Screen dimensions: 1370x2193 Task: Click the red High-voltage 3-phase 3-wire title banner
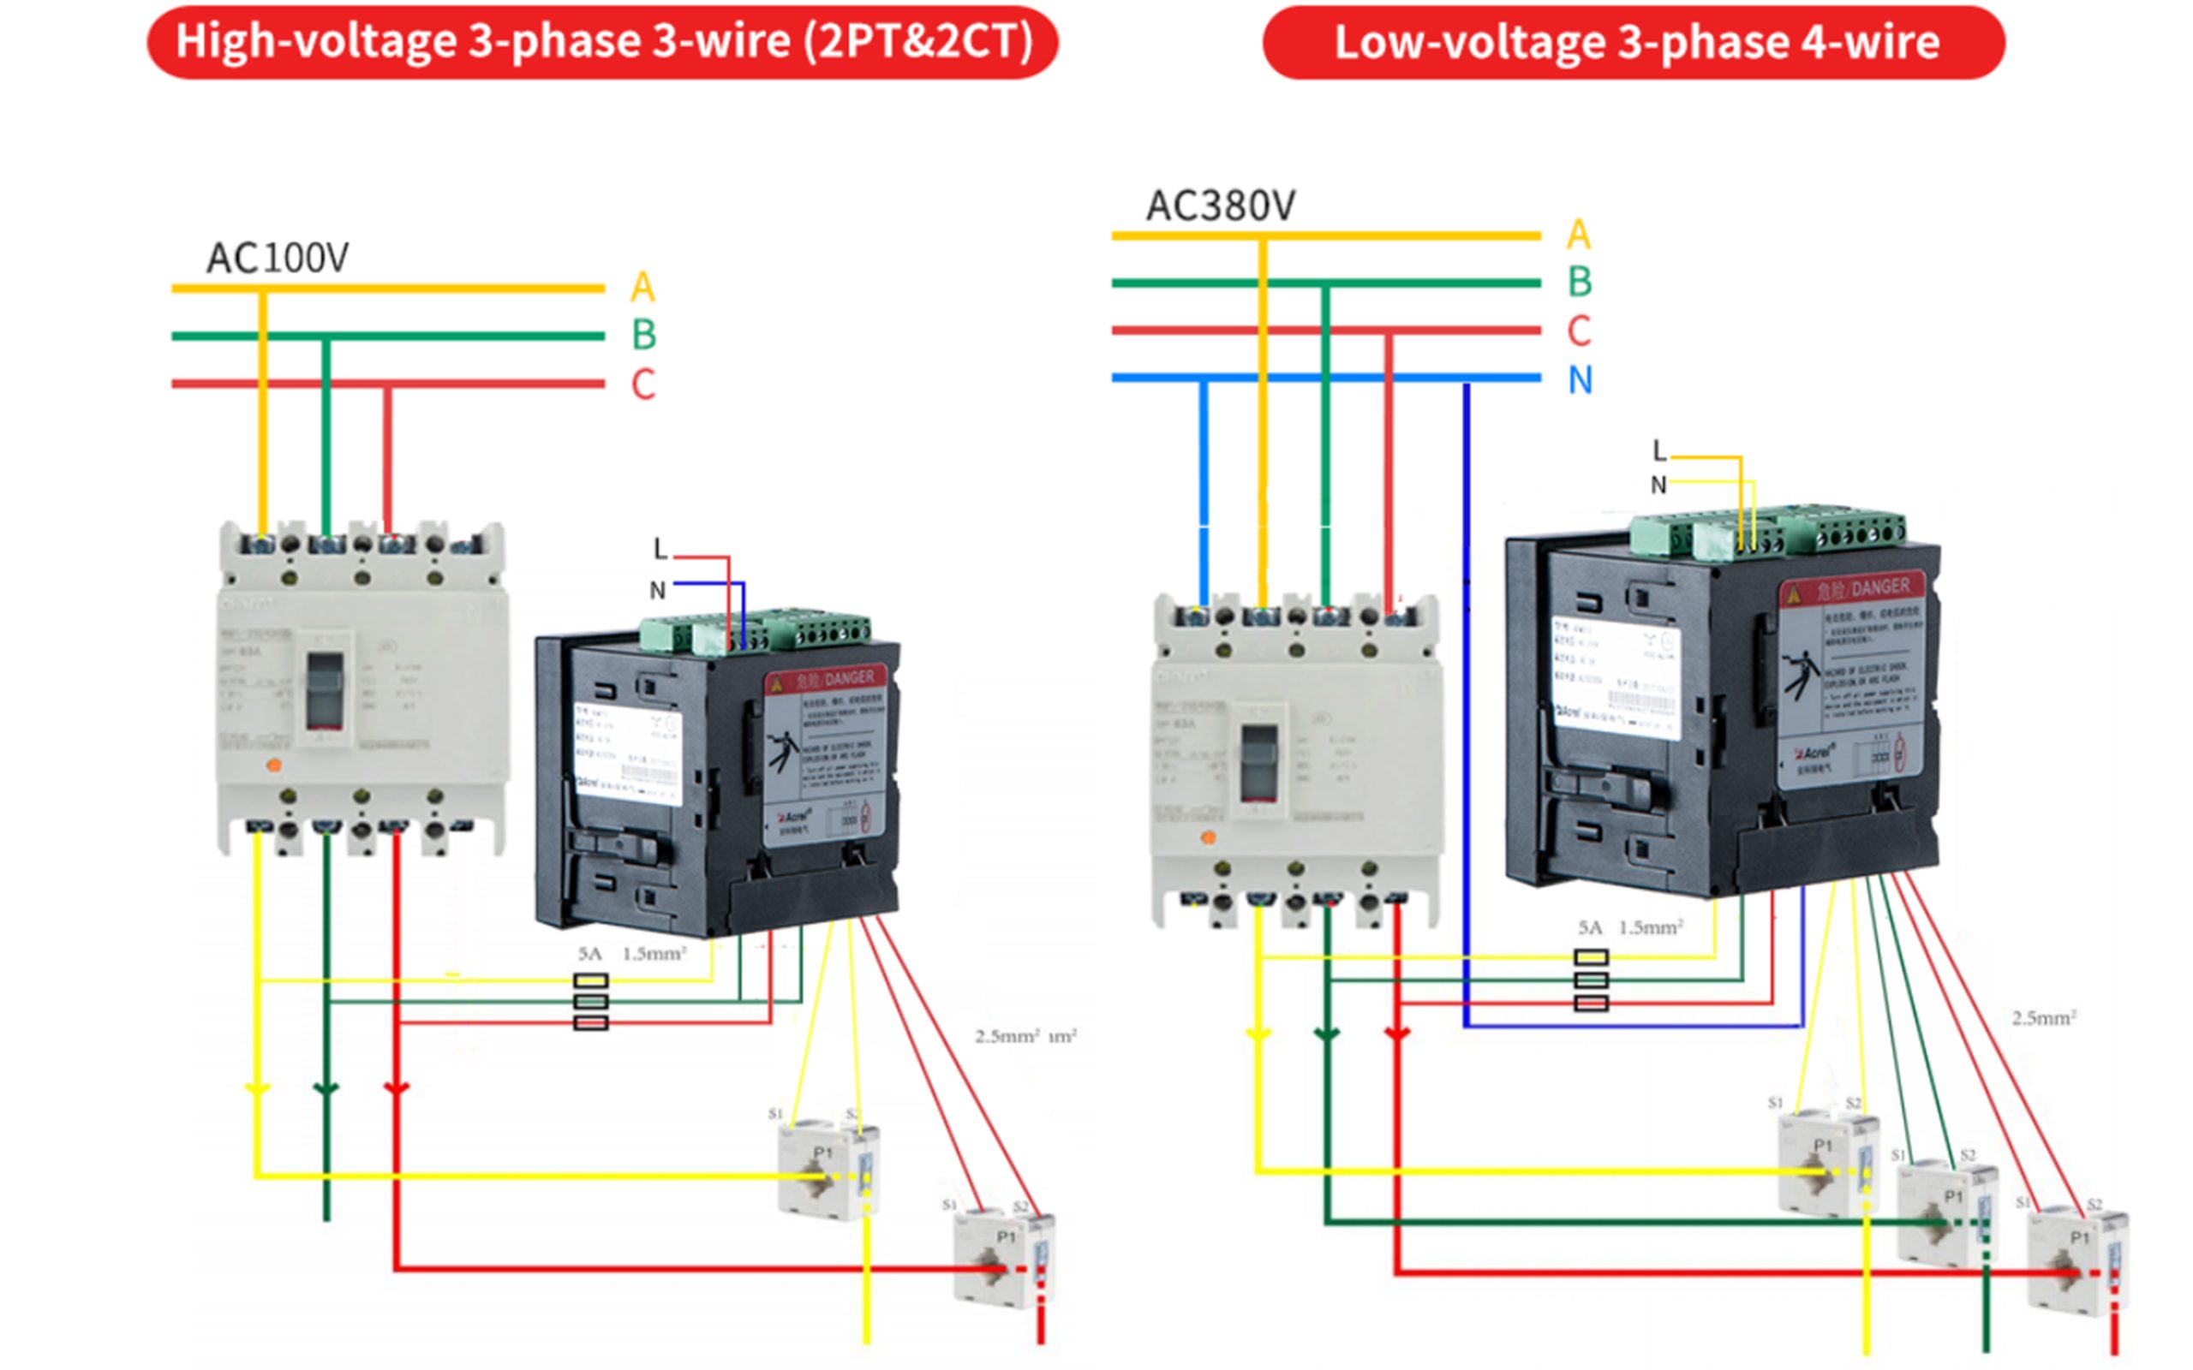click(x=602, y=42)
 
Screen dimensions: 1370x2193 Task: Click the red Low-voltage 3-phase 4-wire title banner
click(x=1634, y=43)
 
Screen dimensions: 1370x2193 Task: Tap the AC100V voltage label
click(x=278, y=259)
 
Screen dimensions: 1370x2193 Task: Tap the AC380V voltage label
click(x=1221, y=205)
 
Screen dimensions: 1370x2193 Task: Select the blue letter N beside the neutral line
click(x=1581, y=379)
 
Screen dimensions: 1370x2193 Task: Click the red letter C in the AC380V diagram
click(x=1580, y=331)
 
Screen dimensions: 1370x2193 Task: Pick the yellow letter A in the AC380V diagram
click(x=1579, y=235)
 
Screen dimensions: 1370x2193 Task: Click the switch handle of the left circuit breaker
click(x=325, y=690)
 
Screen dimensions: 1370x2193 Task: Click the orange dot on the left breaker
click(x=272, y=765)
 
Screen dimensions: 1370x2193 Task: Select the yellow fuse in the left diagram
click(x=591, y=980)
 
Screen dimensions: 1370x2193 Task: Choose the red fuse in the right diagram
click(x=1592, y=1003)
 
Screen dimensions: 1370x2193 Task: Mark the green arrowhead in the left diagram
click(x=326, y=1088)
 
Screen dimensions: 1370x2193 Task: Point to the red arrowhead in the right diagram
click(x=1397, y=1033)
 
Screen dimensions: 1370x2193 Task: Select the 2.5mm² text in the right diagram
click(x=2043, y=1018)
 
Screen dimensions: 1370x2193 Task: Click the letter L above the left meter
click(x=660, y=548)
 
